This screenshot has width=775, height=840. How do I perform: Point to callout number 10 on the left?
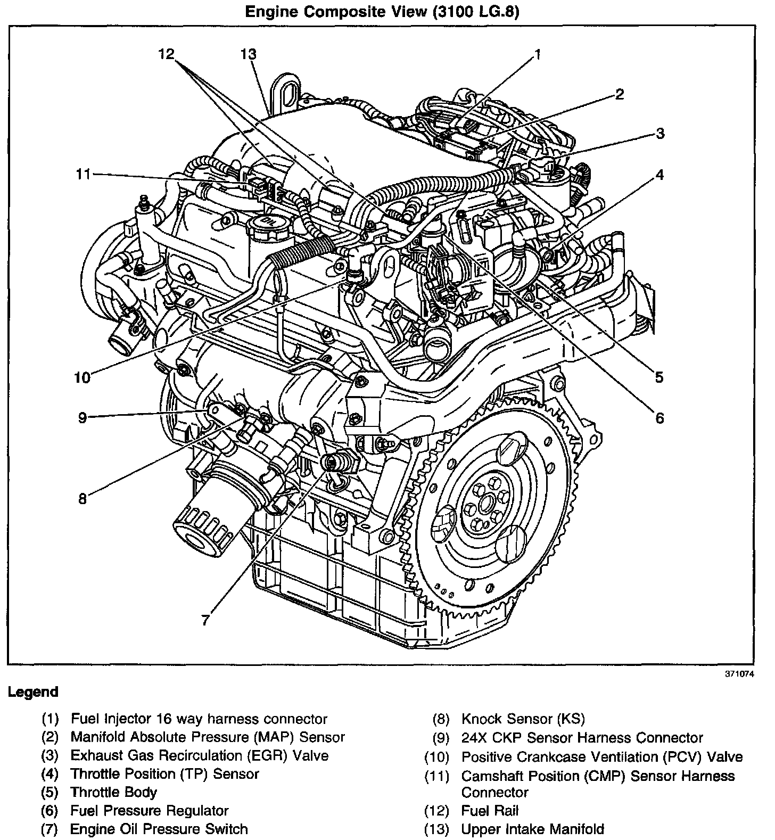click(83, 377)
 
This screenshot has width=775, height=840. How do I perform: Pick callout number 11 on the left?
click(83, 174)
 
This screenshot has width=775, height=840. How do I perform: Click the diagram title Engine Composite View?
click(381, 12)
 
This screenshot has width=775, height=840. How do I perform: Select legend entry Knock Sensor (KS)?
click(523, 719)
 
